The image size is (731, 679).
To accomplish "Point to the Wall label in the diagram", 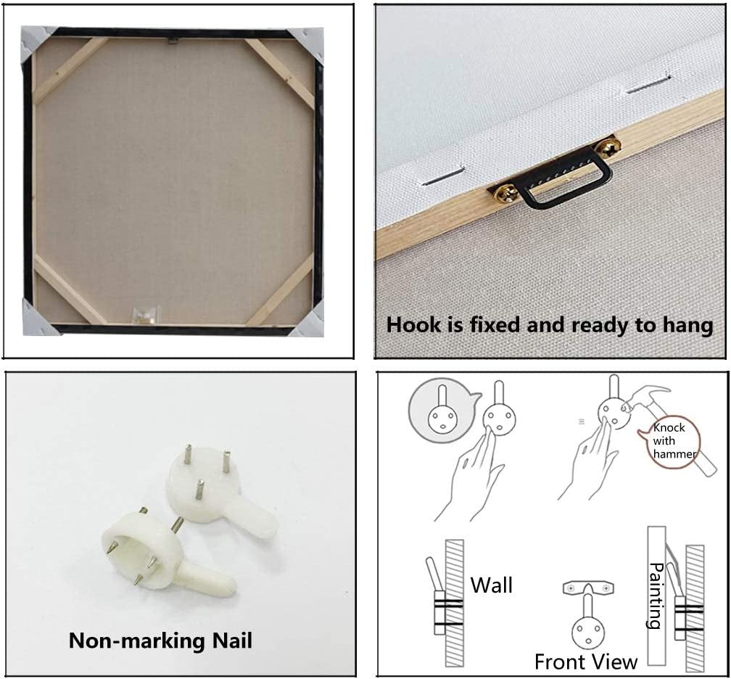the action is (492, 585).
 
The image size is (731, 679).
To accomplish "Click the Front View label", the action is (585, 662).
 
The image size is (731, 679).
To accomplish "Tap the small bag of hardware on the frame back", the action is (146, 315).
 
